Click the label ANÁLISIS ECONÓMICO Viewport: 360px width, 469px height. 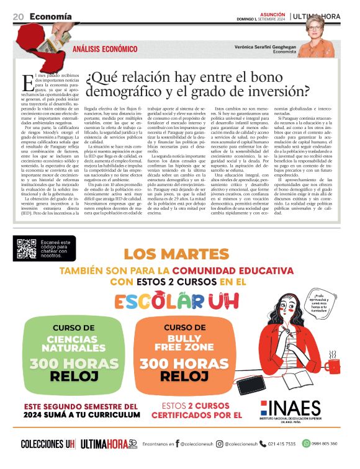pyautogui.click(x=106, y=48)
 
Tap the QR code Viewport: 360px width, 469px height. pyautogui.click(x=27, y=248)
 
